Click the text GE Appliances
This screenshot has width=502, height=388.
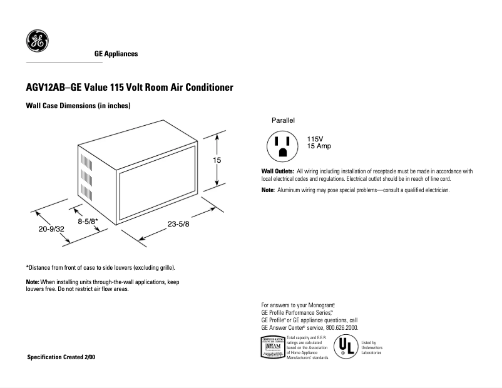116,54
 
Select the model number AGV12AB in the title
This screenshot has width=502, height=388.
46,88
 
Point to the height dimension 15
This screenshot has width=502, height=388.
217,160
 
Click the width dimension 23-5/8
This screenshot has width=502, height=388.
178,224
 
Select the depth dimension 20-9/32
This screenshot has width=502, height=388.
51,230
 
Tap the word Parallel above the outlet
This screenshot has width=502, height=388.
283,120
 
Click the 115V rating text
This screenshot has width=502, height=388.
315,139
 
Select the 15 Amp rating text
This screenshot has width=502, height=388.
319,146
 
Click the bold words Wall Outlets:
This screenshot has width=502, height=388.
277,171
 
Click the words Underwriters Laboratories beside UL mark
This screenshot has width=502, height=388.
372,348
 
